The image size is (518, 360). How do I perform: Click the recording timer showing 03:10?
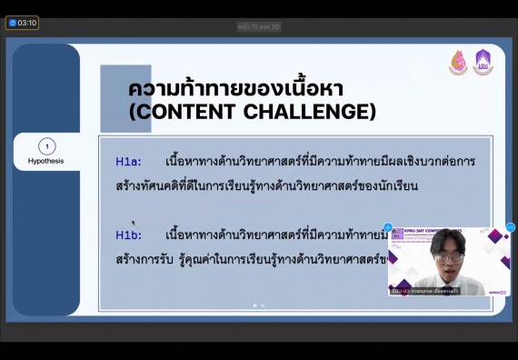pos(22,23)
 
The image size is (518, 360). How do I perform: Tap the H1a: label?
pos(128,162)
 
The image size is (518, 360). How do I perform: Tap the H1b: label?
pos(128,235)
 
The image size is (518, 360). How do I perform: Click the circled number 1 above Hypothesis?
pos(47,146)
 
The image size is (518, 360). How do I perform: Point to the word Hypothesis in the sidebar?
pos(46,161)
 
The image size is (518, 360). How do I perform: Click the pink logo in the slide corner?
pos(458,63)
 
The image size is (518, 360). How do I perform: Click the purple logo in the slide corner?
pos(483,62)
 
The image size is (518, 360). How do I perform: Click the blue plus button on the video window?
pos(388,227)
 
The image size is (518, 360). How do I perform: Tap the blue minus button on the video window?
pos(510,227)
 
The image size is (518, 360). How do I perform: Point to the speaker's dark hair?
pos(447,241)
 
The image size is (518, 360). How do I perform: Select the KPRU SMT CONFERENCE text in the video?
pos(441,233)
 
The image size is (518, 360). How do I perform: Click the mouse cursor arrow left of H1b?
pos(133,222)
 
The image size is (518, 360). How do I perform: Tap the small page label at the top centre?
pos(259,27)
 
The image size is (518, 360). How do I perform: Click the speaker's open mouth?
pos(449,270)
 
